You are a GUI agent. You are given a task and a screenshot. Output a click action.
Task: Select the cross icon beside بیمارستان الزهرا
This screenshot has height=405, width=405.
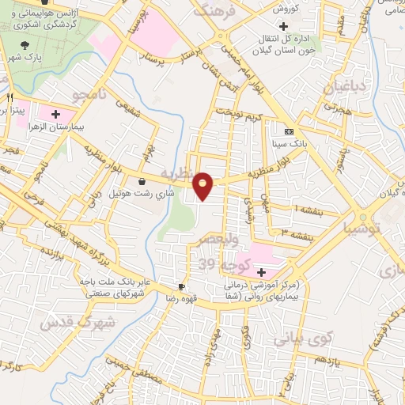point(55,114)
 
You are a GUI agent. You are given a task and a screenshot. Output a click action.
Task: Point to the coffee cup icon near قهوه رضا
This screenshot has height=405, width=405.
point(182,286)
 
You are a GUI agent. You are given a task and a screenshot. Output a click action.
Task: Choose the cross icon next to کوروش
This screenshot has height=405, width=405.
point(293,25)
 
